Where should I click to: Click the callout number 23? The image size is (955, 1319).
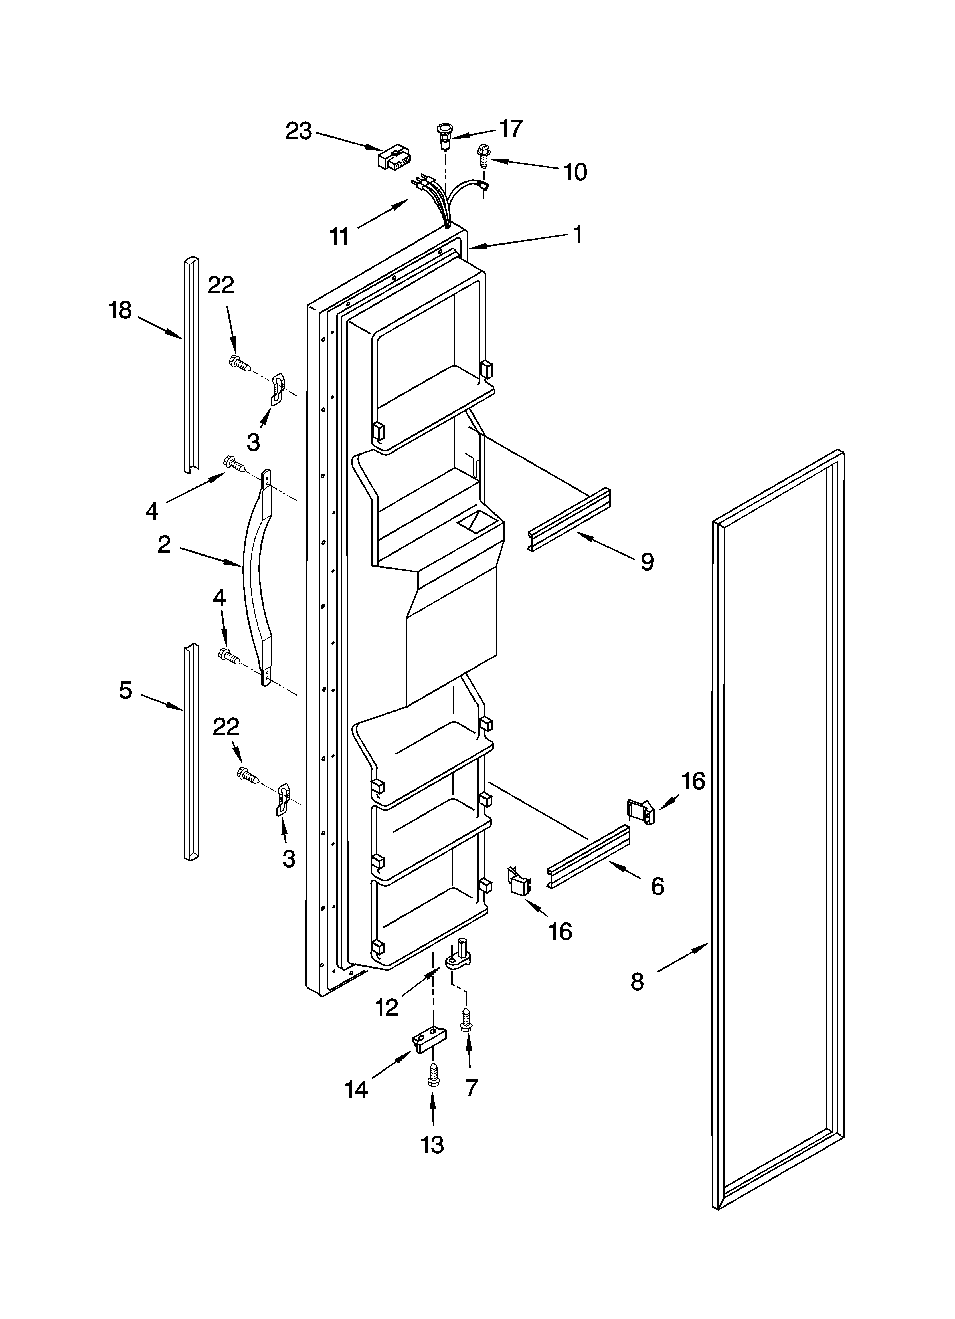point(298,132)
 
